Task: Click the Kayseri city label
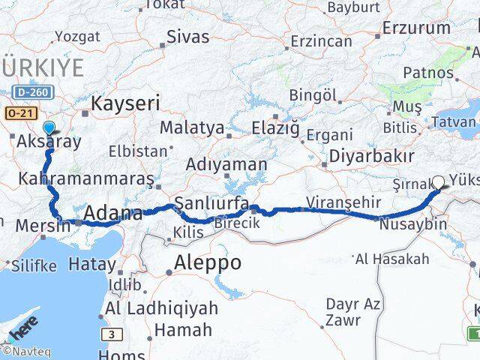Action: click(125, 102)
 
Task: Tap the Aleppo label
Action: click(208, 262)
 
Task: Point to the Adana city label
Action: click(112, 214)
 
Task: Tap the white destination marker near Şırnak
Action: click(438, 181)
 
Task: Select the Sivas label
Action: click(188, 36)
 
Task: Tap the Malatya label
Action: click(192, 128)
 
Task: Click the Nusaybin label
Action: click(413, 223)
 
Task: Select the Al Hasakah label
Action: click(392, 259)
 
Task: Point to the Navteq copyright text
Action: click(21, 350)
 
